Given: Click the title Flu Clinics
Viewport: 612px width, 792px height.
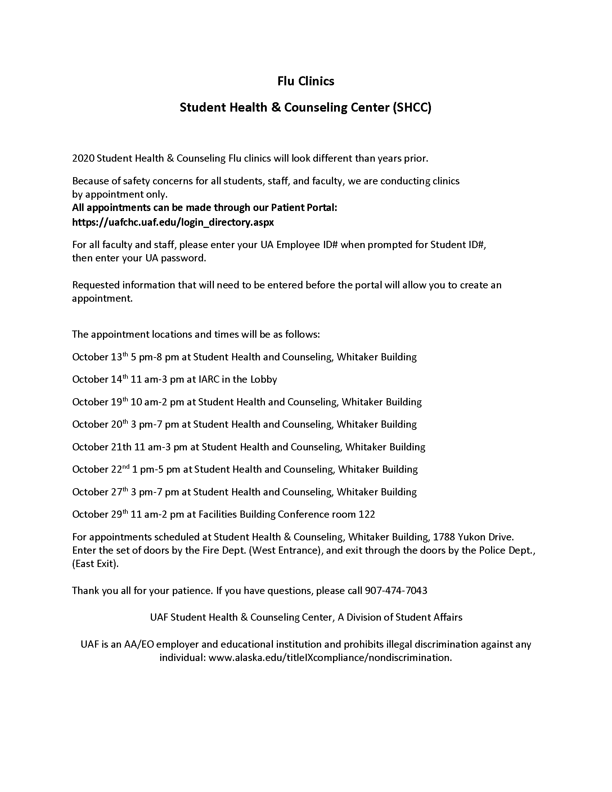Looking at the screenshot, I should coord(306,81).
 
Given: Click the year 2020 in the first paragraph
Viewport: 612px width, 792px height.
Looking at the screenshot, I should coord(83,158).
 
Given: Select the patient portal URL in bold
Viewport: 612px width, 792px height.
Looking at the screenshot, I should coord(173,222).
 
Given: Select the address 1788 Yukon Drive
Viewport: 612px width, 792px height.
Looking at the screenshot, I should coord(473,537).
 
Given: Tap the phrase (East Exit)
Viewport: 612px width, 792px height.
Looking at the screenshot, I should coord(95,564).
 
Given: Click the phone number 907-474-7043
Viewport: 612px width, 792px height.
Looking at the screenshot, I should coord(396,591).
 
